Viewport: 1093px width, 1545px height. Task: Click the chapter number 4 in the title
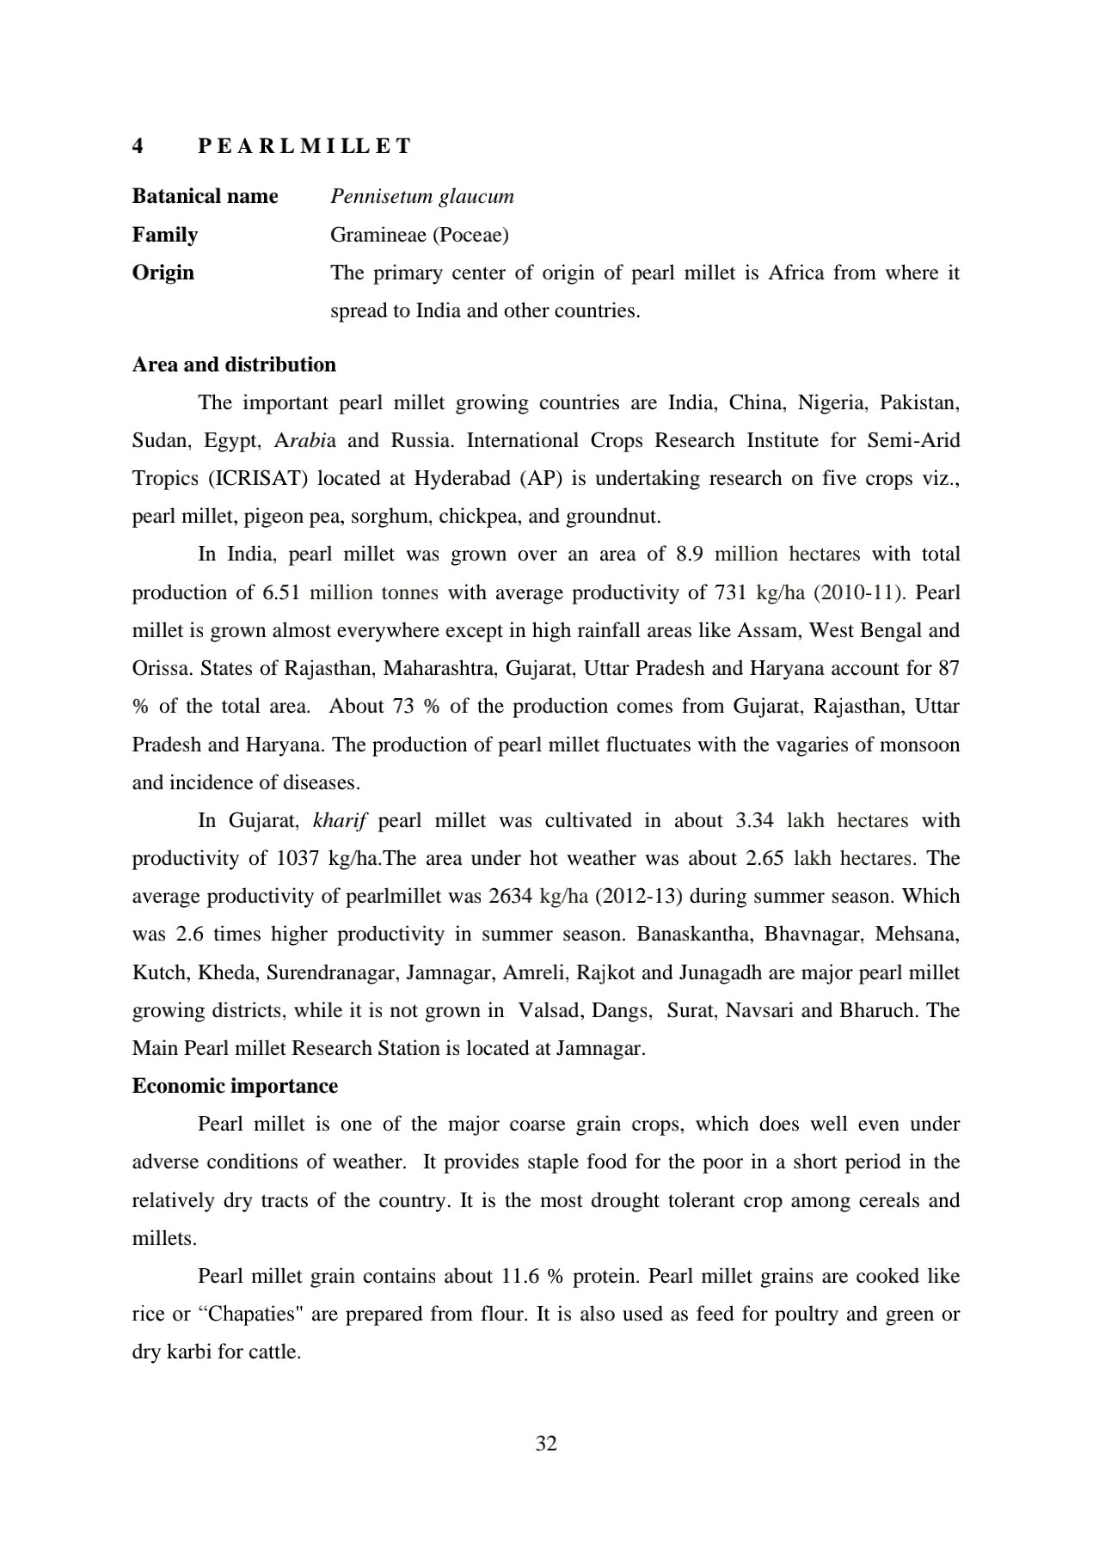click(x=138, y=146)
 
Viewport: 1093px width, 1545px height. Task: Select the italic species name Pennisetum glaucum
click(x=421, y=196)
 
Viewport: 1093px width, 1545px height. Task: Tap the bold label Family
click(x=164, y=235)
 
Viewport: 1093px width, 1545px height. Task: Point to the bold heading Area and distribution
click(x=233, y=365)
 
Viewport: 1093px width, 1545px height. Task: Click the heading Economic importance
click(x=234, y=1086)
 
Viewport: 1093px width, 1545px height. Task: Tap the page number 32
click(x=546, y=1444)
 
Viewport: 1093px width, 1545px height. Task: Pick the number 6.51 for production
click(x=281, y=592)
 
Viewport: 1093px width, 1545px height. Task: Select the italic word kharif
click(x=340, y=820)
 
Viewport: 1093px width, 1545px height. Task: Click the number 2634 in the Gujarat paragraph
click(x=510, y=896)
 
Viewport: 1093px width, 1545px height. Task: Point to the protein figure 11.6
click(x=519, y=1276)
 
